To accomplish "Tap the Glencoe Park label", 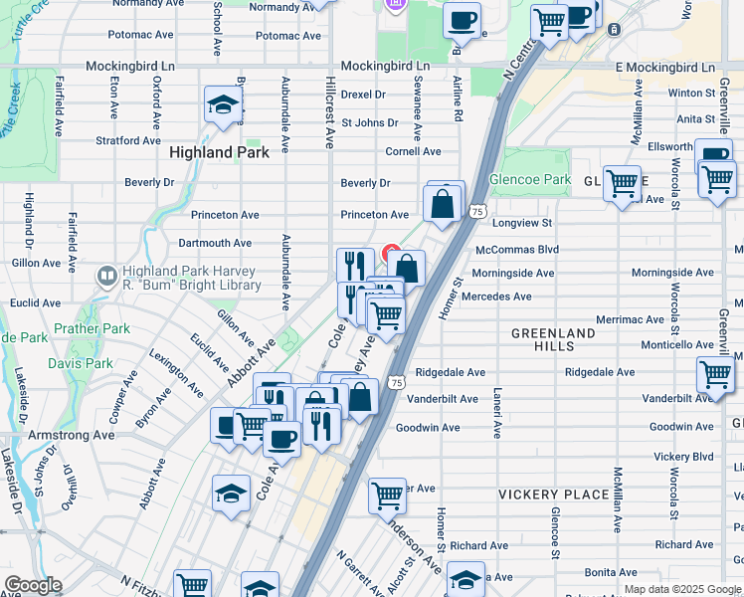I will tap(530, 180).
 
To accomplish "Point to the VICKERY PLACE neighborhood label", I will tap(553, 495).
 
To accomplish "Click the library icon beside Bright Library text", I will tap(106, 274).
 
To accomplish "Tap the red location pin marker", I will tap(392, 252).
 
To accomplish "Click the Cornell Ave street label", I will tap(413, 151).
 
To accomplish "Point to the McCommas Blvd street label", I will tap(517, 250).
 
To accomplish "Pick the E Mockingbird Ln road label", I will tap(664, 67).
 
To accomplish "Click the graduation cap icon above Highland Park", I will tap(223, 103).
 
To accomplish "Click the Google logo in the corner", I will tap(33, 585).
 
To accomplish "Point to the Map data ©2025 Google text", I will tap(682, 589).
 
